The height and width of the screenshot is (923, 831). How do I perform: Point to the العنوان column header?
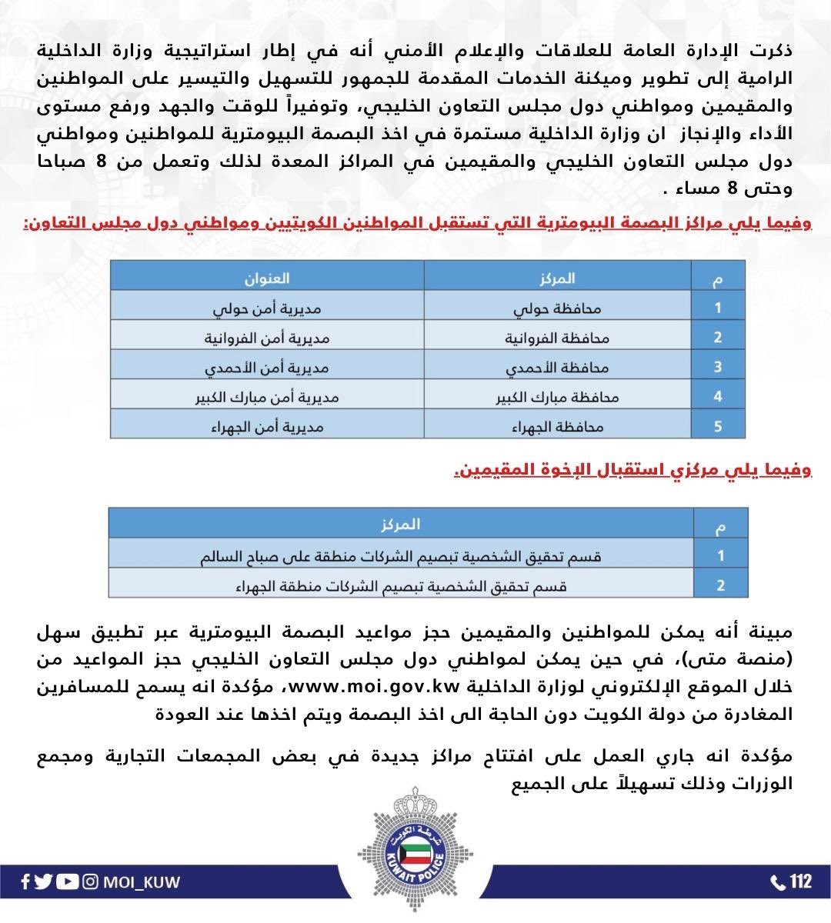pyautogui.click(x=266, y=278)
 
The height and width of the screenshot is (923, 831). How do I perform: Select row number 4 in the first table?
pyautogui.click(x=717, y=397)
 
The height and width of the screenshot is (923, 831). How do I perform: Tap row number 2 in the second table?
pyautogui.click(x=720, y=585)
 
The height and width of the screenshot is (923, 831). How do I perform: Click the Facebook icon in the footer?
pyautogui.click(x=25, y=881)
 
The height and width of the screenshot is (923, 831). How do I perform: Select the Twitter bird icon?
pyautogui.click(x=45, y=881)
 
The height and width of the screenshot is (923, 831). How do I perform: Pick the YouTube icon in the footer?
pyautogui.click(x=68, y=881)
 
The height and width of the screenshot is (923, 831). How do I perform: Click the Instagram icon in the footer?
pyautogui.click(x=91, y=881)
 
